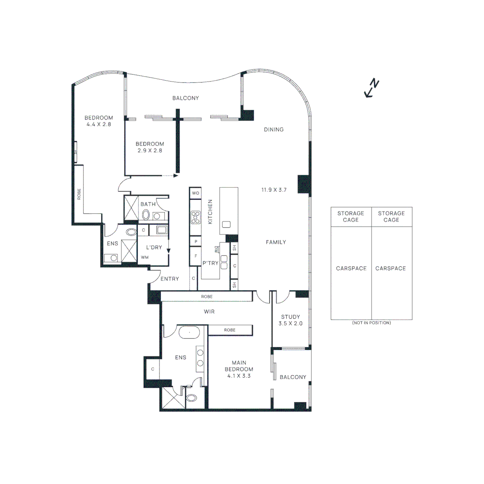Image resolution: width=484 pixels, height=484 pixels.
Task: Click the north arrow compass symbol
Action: click(372, 88)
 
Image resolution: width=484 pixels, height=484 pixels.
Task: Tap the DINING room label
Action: click(273, 130)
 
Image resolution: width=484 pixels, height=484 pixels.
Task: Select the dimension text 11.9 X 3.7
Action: click(274, 190)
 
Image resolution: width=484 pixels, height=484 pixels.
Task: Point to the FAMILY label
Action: click(276, 242)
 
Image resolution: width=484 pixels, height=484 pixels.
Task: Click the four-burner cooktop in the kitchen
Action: click(195, 217)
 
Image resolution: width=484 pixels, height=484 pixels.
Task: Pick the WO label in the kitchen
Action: click(195, 193)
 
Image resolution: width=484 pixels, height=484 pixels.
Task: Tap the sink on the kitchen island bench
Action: click(226, 224)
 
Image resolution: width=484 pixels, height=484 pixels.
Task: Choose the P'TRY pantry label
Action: click(210, 264)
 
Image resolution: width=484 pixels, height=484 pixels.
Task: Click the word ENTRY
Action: click(169, 279)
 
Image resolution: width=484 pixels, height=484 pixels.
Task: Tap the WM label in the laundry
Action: click(144, 258)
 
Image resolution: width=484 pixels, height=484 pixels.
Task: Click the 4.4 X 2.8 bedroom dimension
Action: click(98, 124)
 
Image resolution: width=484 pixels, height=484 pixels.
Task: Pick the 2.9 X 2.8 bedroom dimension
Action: click(150, 151)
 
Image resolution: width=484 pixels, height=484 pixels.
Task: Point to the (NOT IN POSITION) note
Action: click(371, 323)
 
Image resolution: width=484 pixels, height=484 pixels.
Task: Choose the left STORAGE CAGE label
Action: click(350, 216)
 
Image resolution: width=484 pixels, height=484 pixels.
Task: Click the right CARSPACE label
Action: click(391, 268)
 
